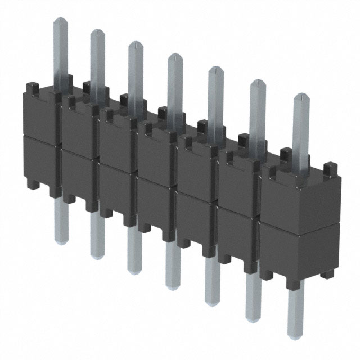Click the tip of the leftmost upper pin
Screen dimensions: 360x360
(61, 21)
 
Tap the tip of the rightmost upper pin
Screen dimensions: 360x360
(301, 97)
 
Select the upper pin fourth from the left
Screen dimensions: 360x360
(175, 84)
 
